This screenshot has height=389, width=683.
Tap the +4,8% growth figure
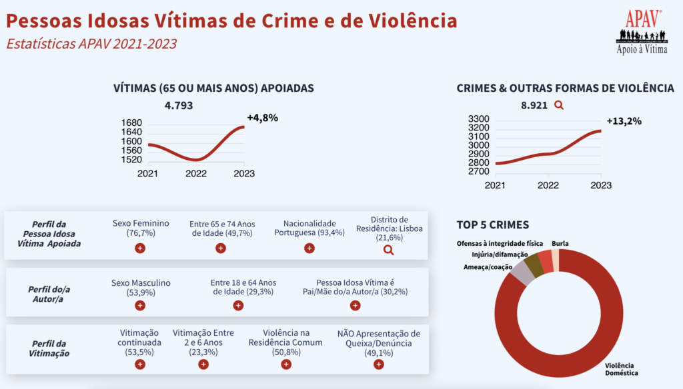[262, 118]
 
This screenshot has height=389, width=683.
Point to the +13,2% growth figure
[624, 121]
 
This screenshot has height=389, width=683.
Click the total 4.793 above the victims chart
[179, 105]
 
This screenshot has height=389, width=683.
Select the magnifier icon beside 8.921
[559, 105]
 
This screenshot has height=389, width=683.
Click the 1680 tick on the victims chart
[133, 123]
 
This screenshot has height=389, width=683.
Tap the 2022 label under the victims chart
[195, 174]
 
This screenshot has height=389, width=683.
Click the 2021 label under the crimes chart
[496, 185]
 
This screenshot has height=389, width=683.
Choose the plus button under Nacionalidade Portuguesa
[309, 248]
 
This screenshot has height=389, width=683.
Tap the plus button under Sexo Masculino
[140, 306]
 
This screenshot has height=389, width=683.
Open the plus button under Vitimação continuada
[140, 364]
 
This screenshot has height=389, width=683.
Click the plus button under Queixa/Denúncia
[378, 364]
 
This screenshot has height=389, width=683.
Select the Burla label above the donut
[560, 244]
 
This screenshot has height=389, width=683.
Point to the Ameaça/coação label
[488, 267]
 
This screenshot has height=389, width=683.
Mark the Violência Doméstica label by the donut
[621, 369]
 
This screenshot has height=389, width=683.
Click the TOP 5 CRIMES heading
[492, 224]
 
